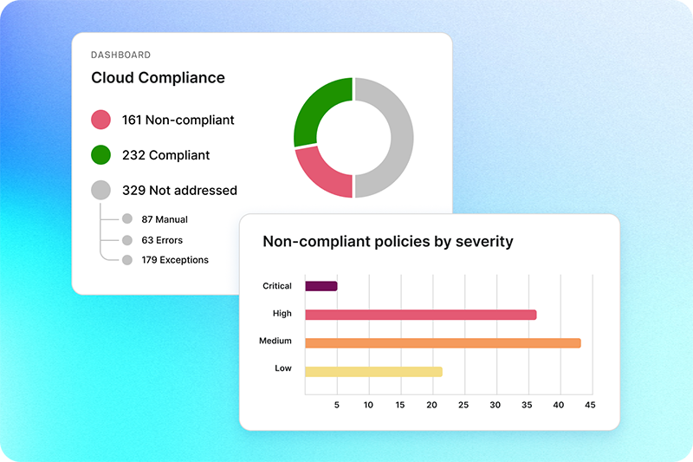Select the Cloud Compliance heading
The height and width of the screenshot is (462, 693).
[x=158, y=78]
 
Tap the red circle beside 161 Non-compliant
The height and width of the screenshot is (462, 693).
[x=101, y=120]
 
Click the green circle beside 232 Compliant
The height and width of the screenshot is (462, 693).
[x=101, y=155]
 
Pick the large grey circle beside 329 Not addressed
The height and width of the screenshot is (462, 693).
[x=101, y=190]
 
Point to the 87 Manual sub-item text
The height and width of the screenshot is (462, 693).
[x=165, y=219]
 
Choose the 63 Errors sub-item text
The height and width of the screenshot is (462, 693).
[x=162, y=239]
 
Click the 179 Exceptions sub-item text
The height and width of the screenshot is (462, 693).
[x=175, y=259]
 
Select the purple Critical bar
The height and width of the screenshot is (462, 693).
[x=321, y=286]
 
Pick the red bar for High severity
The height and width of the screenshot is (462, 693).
[x=420, y=315]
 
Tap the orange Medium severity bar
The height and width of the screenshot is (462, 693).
[x=443, y=342]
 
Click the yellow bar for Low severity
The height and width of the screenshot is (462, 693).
[x=373, y=371]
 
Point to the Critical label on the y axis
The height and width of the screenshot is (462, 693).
[x=277, y=286]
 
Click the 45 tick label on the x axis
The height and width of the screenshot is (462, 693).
[x=589, y=405]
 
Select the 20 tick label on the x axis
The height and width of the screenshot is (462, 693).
[x=432, y=405]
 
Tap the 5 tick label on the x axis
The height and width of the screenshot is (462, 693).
[x=337, y=405]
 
